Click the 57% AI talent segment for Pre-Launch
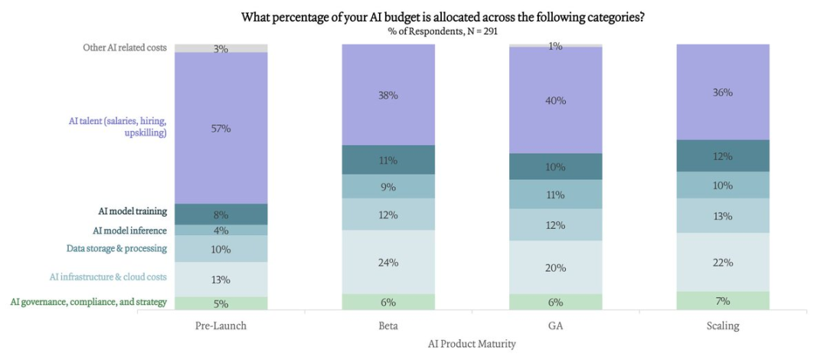click(221, 128)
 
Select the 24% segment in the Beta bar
click(388, 262)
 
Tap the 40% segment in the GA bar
click(556, 100)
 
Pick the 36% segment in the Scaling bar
click(722, 92)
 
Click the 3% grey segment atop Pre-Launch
click(221, 48)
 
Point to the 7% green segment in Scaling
click(722, 300)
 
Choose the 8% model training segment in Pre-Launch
click(221, 214)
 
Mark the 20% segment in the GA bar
click(556, 267)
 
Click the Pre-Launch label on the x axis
click(221, 326)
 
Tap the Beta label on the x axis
click(388, 326)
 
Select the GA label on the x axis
click(556, 326)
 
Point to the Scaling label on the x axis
click(722, 326)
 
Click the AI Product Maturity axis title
click(472, 344)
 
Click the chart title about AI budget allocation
click(443, 17)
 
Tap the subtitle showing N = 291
click(443, 31)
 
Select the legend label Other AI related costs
click(125, 47)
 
